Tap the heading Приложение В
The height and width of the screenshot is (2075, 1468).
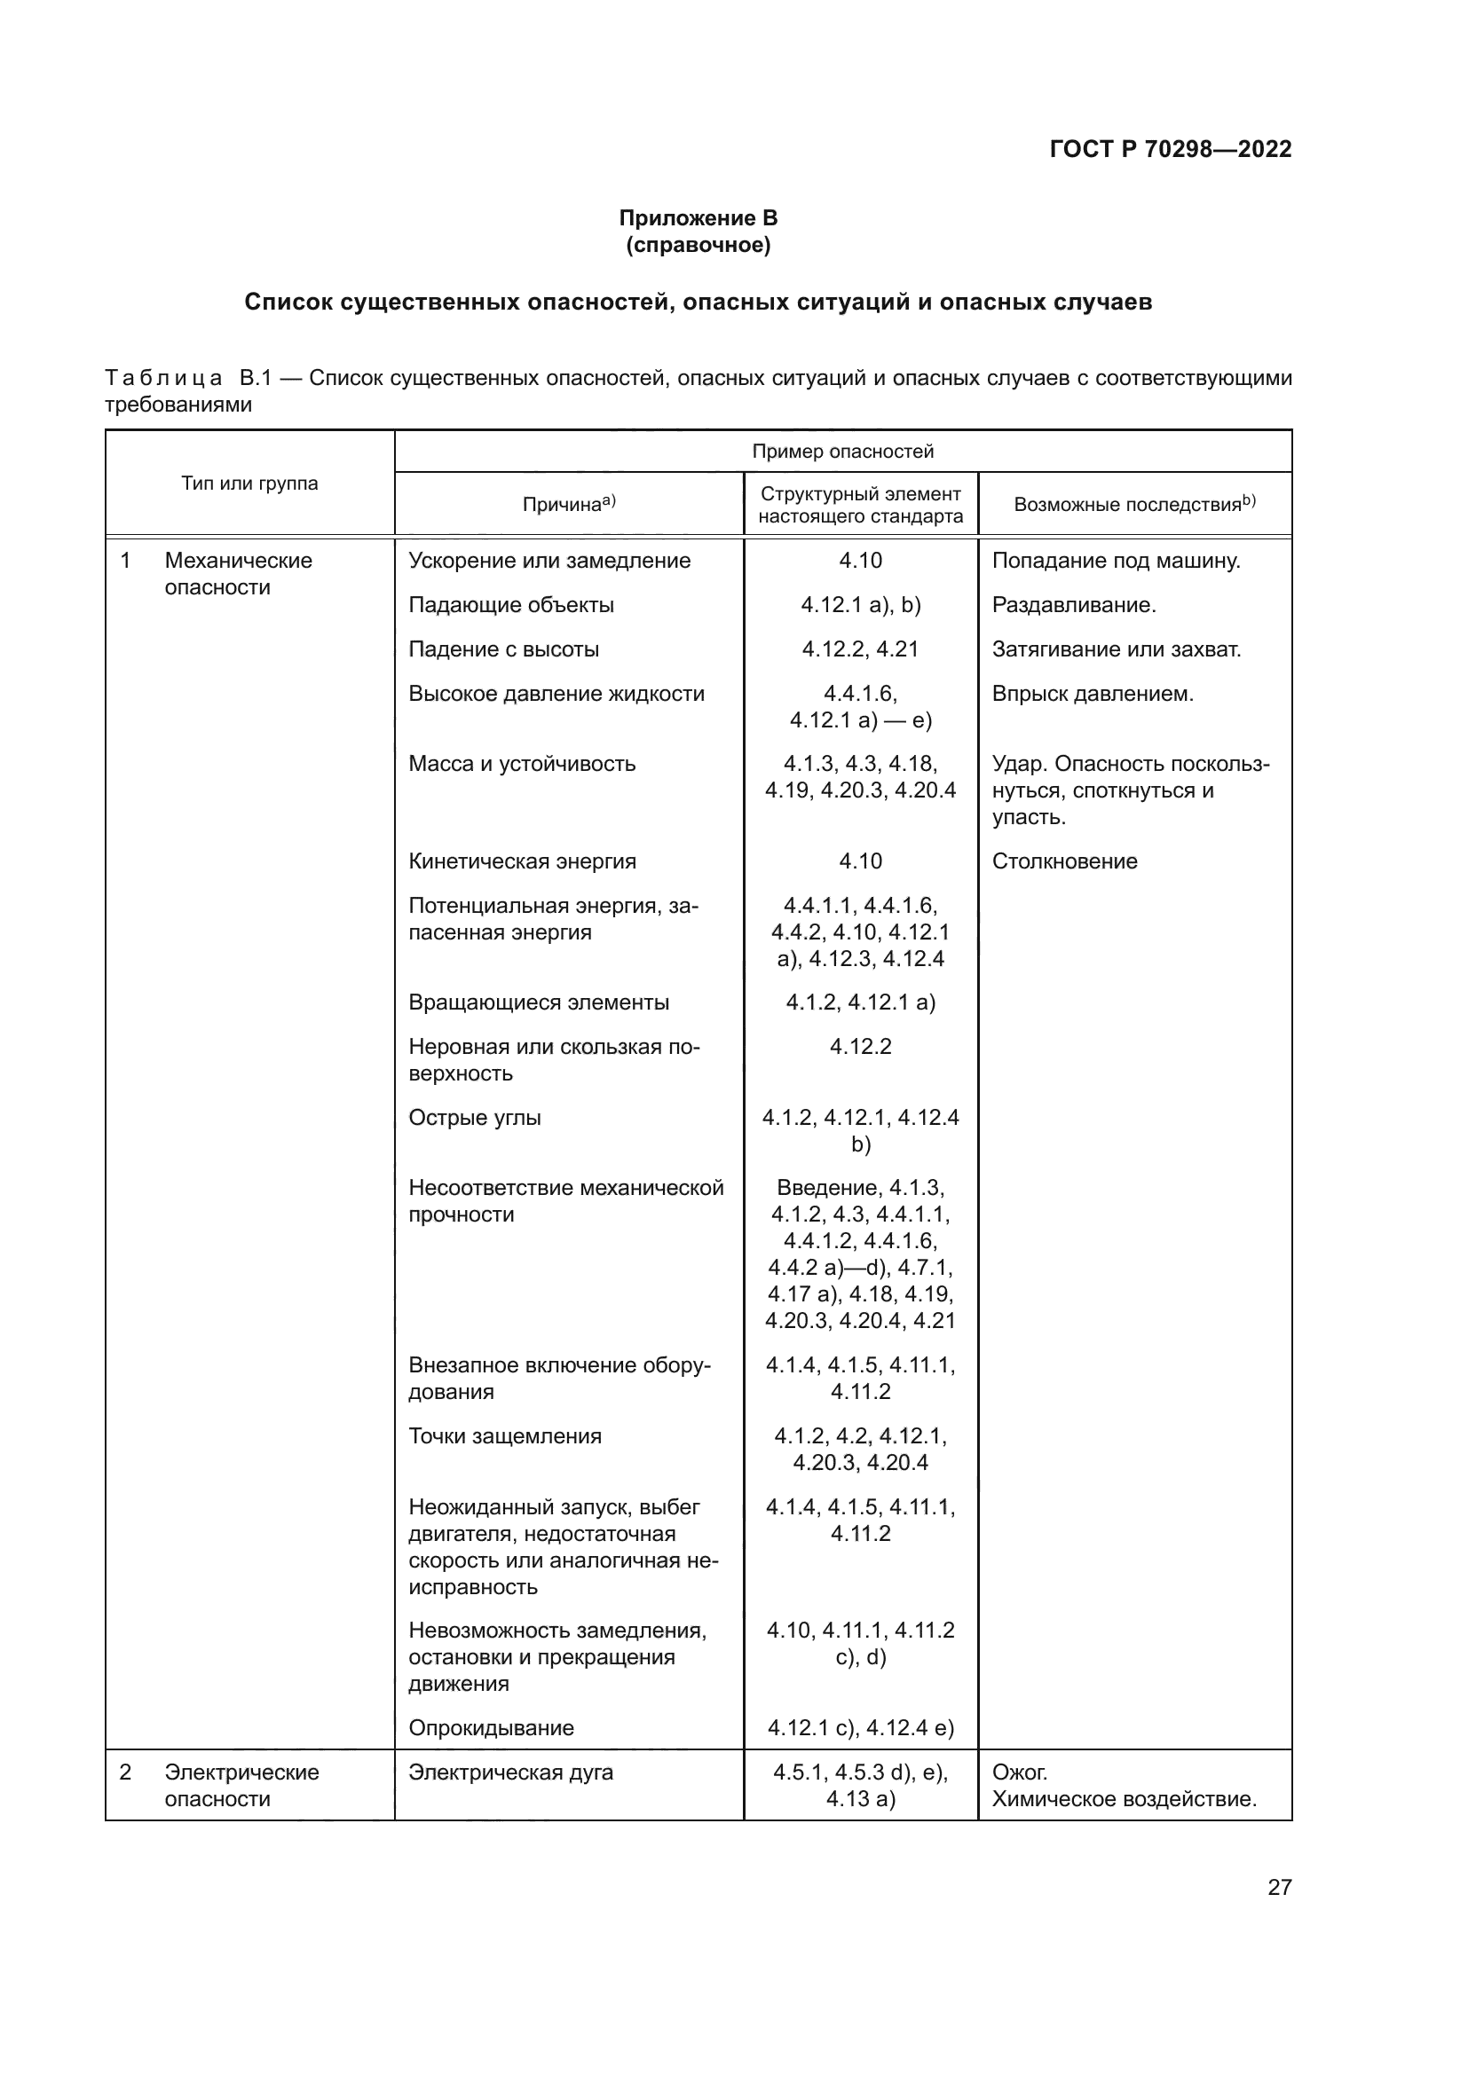698,218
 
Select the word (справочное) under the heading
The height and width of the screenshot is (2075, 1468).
698,245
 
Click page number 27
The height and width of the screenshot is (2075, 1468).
1279,1887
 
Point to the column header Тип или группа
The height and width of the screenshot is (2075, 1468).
249,483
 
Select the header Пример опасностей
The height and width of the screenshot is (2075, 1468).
842,451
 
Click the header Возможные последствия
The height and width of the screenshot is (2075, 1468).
1133,504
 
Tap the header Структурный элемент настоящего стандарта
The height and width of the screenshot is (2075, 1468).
860,505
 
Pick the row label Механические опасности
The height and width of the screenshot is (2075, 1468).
238,574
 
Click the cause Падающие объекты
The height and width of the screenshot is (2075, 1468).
510,605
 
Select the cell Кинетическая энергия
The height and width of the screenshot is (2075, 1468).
522,861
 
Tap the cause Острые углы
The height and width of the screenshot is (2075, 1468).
475,1118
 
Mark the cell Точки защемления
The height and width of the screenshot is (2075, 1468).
504,1436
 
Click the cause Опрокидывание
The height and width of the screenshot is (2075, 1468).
491,1728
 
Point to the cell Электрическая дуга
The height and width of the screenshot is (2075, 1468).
510,1772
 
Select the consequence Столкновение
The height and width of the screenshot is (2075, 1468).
1064,861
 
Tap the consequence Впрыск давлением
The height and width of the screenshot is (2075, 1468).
1092,694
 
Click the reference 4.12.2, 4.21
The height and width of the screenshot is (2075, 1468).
860,648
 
